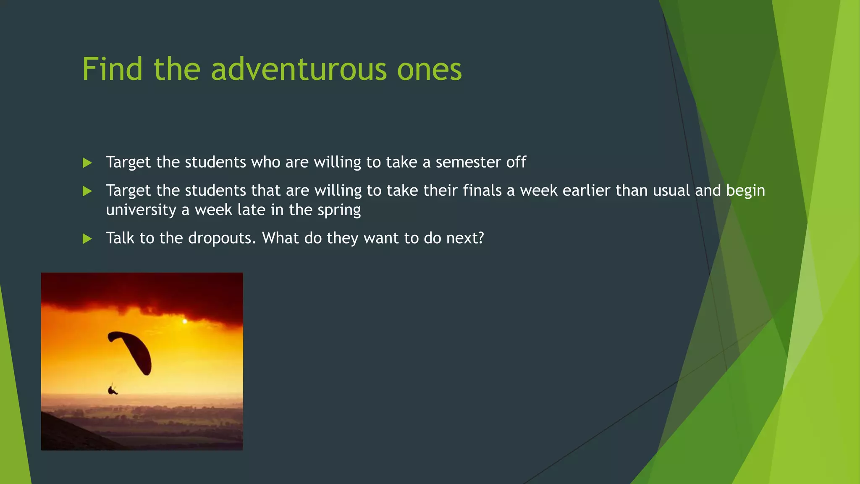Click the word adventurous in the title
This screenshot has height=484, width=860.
point(299,69)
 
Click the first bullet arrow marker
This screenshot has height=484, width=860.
point(87,163)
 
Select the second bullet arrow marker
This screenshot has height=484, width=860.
point(87,192)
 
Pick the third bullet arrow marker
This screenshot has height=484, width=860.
point(87,239)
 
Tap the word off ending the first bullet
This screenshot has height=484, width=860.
point(516,162)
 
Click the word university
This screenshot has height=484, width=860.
point(141,210)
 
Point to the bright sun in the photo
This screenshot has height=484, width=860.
point(184,322)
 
